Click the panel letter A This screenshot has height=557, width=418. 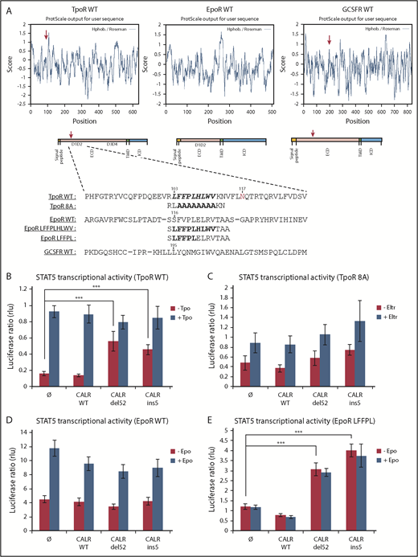[7, 6]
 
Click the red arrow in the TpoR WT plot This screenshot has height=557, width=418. [46, 35]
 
